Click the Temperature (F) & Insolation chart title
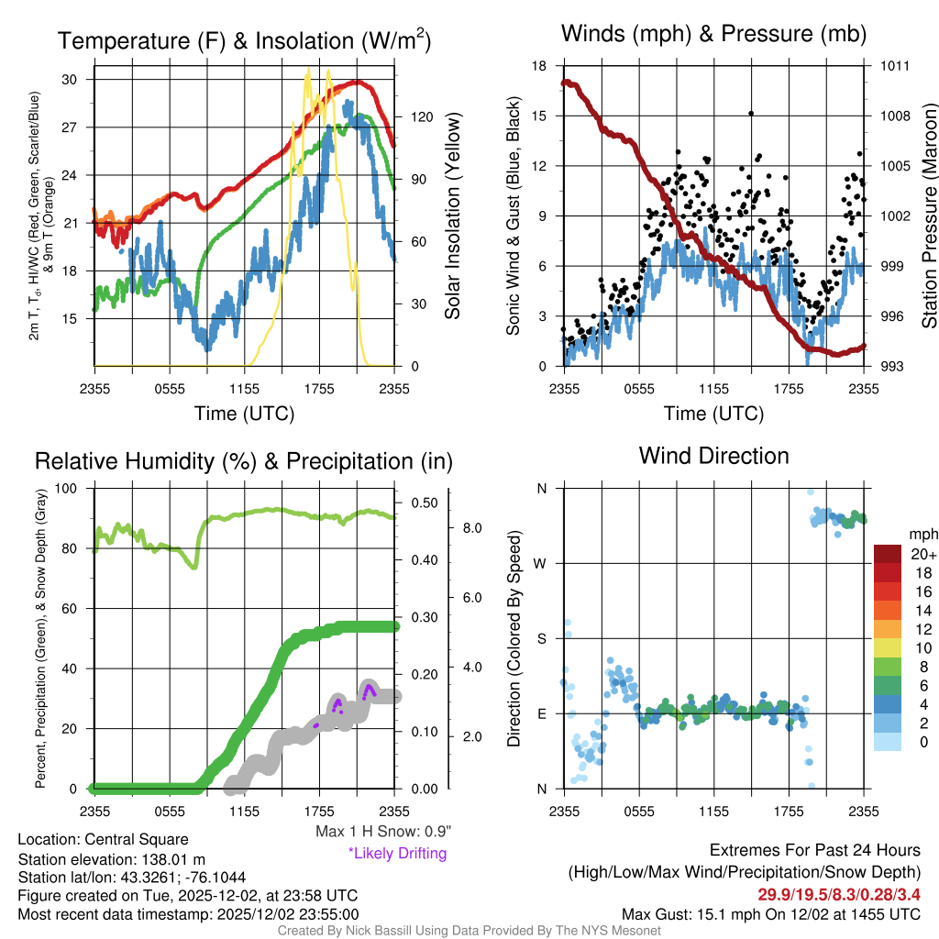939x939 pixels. point(244,41)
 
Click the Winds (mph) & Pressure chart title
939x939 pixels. point(713,35)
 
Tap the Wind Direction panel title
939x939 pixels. point(713,456)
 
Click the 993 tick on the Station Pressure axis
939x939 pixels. point(896,367)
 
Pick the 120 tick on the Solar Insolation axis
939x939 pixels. point(422,116)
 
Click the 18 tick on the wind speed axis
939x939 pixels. point(539,66)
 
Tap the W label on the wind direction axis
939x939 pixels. point(541,563)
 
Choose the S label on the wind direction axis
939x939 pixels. point(542,638)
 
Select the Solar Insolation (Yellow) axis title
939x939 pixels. point(453,216)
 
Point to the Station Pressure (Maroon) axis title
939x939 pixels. point(928,216)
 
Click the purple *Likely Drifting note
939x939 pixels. point(397,854)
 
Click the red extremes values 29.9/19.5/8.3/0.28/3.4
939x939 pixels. point(838,894)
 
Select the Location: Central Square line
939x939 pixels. point(103,840)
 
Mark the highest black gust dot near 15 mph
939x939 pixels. point(751,114)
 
